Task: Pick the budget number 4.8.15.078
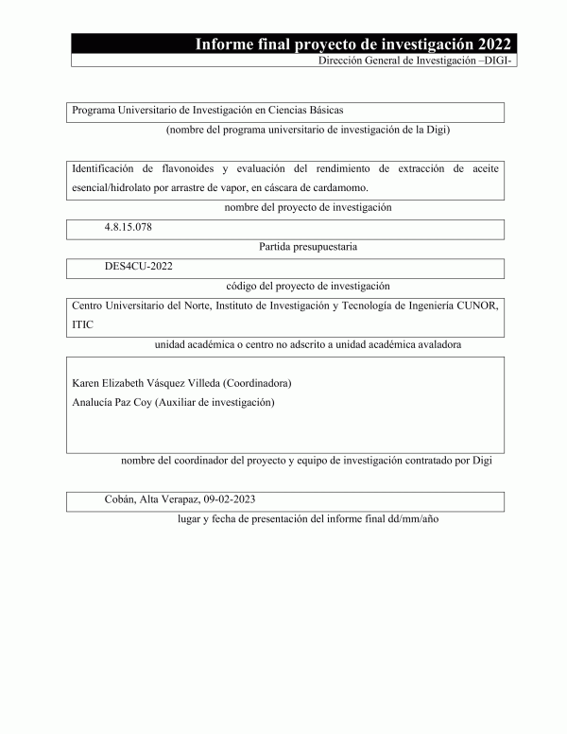pyautogui.click(x=129, y=228)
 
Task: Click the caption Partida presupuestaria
pyautogui.click(x=307, y=247)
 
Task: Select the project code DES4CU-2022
pyautogui.click(x=139, y=267)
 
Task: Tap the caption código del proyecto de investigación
pyautogui.click(x=308, y=286)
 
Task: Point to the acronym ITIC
pyautogui.click(x=82, y=324)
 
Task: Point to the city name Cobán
pyautogui.click(x=120, y=499)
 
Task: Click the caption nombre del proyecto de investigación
pyautogui.click(x=308, y=207)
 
